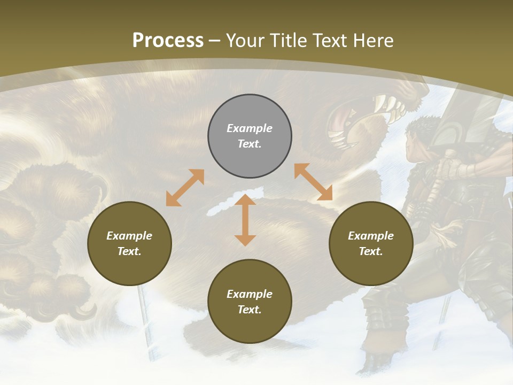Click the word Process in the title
168,41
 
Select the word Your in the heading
246,41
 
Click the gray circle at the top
250,136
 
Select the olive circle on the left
129,243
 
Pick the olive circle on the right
371,243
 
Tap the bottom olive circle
250,302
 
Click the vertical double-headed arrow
245,220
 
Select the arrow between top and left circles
185,188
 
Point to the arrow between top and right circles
313,182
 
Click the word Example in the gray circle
250,128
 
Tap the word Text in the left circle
129,251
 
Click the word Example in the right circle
371,236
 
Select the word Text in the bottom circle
249,310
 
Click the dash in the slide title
215,41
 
